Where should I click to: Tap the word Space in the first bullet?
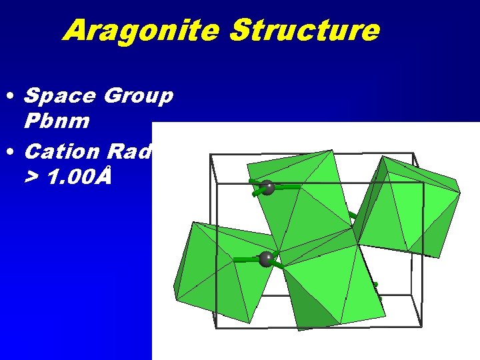(x=59, y=96)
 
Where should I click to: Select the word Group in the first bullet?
(x=139, y=96)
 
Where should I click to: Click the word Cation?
(x=61, y=151)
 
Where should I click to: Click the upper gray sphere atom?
(x=268, y=187)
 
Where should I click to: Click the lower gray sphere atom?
(x=267, y=259)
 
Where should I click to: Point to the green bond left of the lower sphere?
(x=246, y=259)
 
